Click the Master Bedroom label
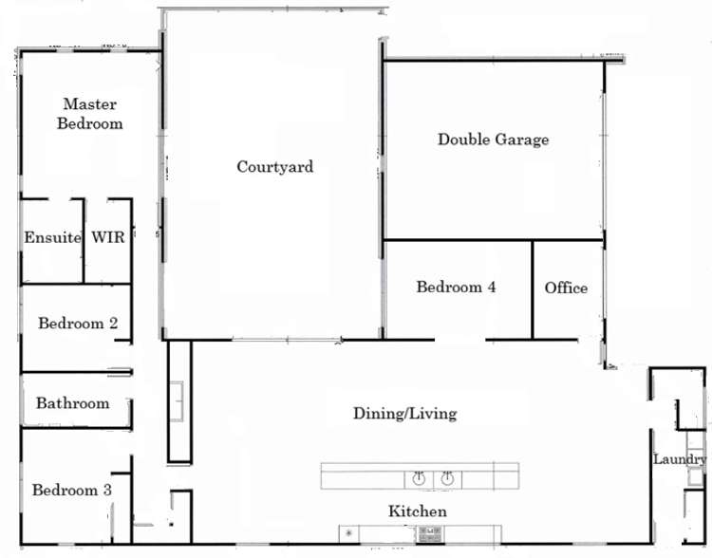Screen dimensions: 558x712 click(92, 114)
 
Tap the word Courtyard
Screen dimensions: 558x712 click(274, 167)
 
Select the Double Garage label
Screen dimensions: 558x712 click(493, 139)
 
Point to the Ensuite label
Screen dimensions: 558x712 click(52, 237)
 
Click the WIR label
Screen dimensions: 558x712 click(107, 237)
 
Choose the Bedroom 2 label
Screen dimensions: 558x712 click(78, 324)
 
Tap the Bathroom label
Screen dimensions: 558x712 click(72, 403)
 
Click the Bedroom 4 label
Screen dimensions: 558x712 click(456, 287)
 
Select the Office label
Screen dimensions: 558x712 click(566, 288)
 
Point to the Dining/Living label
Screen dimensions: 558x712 click(404, 414)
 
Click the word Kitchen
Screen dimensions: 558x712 click(417, 512)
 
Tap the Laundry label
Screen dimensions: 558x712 click(680, 459)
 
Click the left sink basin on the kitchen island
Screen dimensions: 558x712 click(419, 477)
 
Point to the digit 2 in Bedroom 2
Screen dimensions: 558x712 click(113, 324)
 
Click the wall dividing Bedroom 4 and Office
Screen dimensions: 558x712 click(532, 289)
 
